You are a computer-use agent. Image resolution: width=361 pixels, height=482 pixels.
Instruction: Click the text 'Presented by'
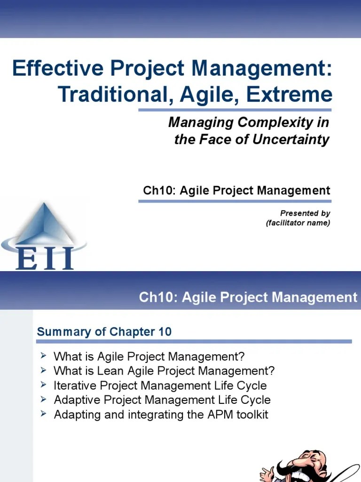(x=305, y=213)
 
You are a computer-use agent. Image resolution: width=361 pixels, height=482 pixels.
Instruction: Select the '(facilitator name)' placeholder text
(x=298, y=223)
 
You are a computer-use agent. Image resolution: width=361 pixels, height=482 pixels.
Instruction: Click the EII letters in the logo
(x=45, y=258)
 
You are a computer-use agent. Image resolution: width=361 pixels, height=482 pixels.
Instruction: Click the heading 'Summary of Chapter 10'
(x=104, y=332)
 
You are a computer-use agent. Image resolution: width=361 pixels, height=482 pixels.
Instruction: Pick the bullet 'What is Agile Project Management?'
(x=149, y=356)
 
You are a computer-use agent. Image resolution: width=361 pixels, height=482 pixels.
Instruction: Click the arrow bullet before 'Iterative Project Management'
(x=44, y=385)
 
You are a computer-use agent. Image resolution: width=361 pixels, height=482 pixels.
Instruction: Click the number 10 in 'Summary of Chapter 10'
(x=165, y=332)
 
